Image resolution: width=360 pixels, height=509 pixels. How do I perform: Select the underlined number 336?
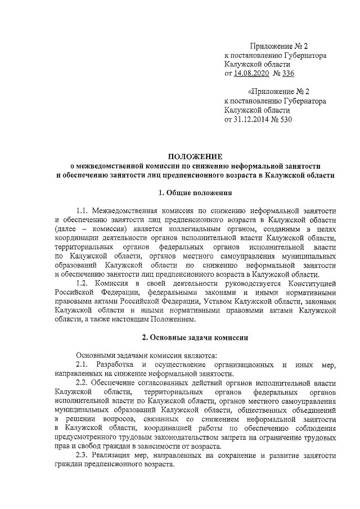click(289, 74)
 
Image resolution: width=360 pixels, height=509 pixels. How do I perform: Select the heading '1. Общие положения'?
click(195, 193)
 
